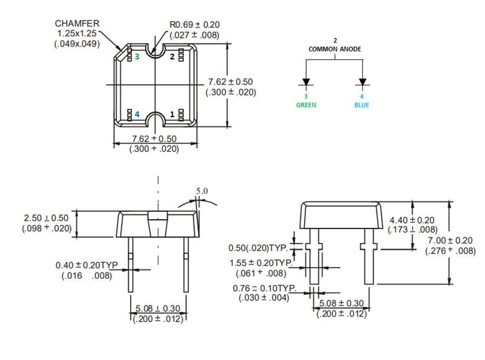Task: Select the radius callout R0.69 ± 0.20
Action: coord(194,25)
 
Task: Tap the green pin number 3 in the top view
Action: coord(137,56)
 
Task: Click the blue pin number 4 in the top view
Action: coord(137,115)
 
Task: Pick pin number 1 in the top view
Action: coord(172,115)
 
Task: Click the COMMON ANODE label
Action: coord(335,49)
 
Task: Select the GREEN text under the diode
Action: coord(305,105)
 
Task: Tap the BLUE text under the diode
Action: coord(362,105)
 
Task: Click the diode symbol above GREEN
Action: coord(305,82)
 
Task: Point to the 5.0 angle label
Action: coord(202,191)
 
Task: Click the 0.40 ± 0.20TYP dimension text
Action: coord(87,265)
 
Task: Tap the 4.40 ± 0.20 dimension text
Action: coord(412,221)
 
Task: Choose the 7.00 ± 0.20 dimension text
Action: coord(450,240)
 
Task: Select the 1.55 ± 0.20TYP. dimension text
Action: coord(263,263)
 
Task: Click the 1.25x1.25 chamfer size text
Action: coord(77,33)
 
